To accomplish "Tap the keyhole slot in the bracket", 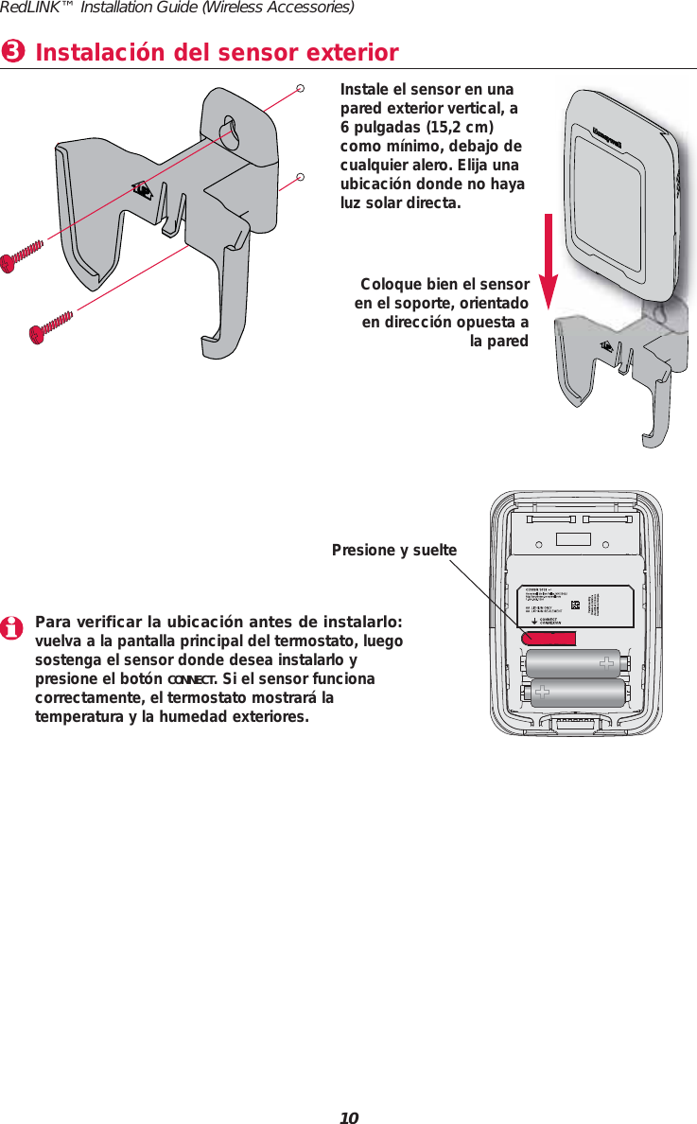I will pos(228,132).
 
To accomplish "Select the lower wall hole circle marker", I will pos(299,176).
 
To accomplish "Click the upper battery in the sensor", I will pos(571,664).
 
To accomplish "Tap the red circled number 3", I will pos(13,51).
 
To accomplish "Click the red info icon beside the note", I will pos(13,628).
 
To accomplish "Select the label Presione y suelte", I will pos(394,550).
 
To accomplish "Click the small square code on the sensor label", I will pos(575,605).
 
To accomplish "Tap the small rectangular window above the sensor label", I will pos(573,539).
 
